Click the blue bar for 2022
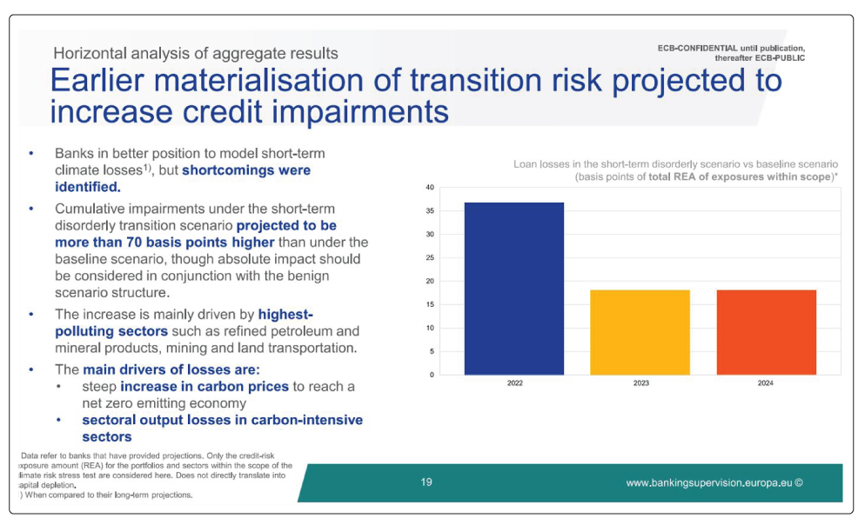click(x=514, y=289)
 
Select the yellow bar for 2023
click(x=640, y=332)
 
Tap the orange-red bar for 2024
click(x=767, y=332)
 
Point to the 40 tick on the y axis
click(x=430, y=187)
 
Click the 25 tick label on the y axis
click(x=430, y=258)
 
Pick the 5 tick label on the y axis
click(x=432, y=351)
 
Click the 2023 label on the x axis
click(x=641, y=382)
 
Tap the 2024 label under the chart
click(x=765, y=382)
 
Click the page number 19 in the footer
click(x=426, y=482)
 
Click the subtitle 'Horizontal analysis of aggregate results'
click(x=196, y=53)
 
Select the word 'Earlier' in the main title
click(x=97, y=81)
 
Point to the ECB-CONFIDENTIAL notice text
click(x=731, y=53)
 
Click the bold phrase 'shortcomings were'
click(x=246, y=170)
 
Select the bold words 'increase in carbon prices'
click(x=205, y=386)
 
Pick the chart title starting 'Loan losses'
click(x=676, y=170)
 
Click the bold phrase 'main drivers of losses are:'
click(x=171, y=369)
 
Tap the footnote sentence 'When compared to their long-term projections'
click(x=110, y=495)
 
